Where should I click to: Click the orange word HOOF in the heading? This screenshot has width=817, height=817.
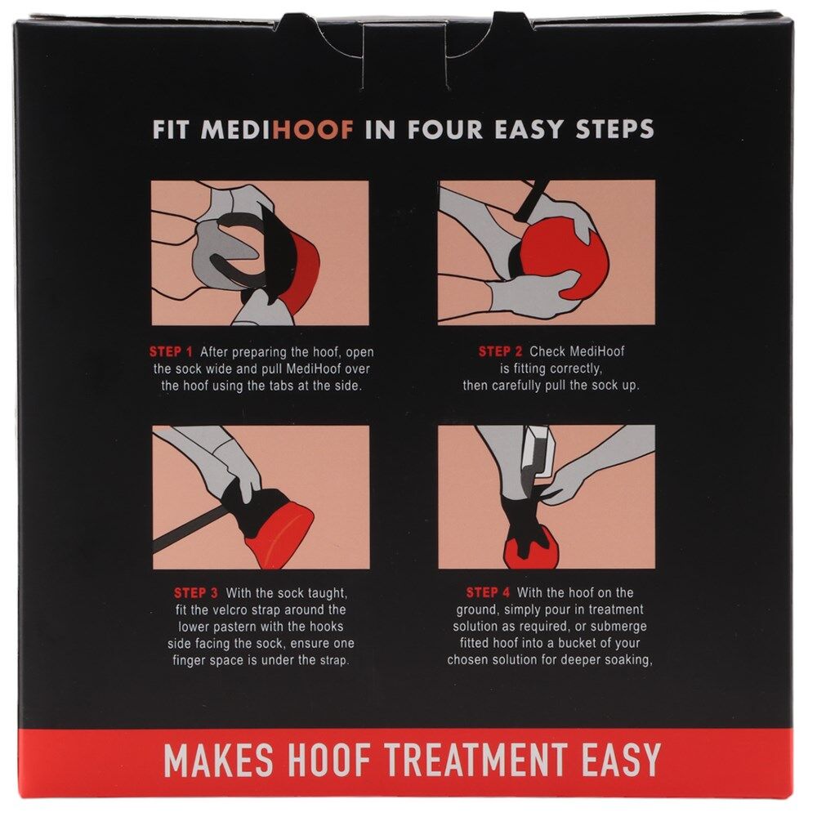click(x=313, y=130)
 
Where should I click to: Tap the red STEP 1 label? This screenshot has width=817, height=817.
click(x=171, y=351)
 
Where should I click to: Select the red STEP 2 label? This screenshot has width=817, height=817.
click(x=500, y=351)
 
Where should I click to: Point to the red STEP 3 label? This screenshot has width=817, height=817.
click(x=196, y=593)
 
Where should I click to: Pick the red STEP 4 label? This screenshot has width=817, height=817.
click(x=489, y=592)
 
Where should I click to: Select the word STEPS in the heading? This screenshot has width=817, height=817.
click(x=614, y=130)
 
